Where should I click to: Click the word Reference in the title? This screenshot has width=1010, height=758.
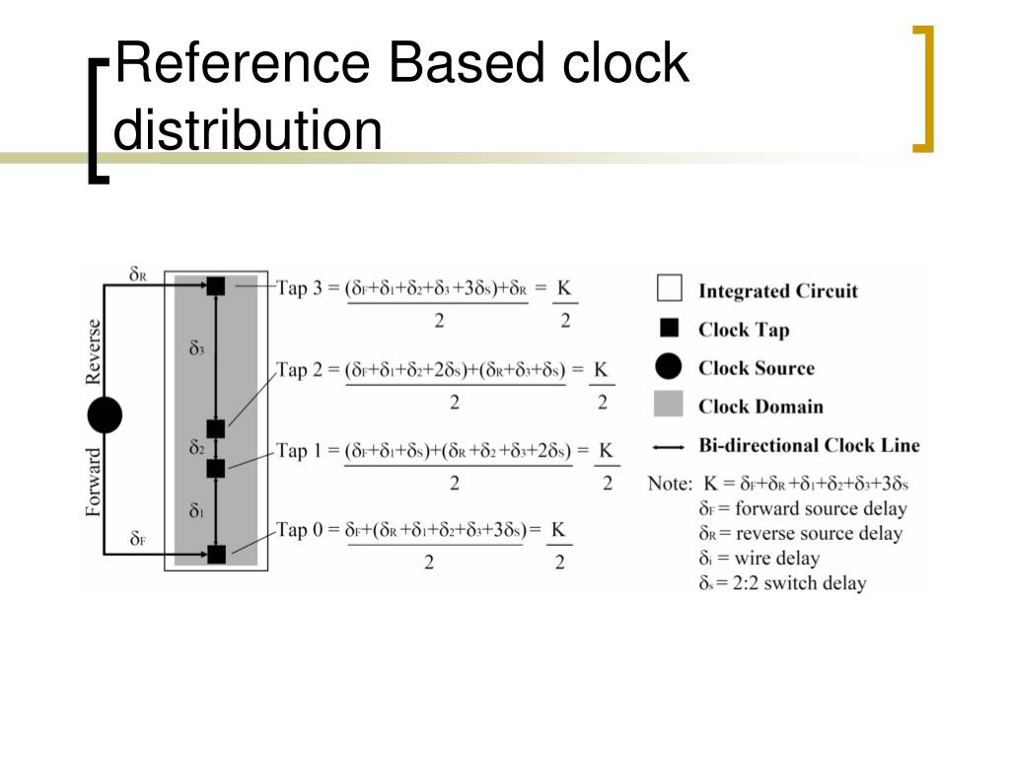(243, 64)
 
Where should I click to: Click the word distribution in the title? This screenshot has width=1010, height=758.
(248, 130)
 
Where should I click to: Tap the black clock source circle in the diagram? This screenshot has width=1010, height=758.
(105, 416)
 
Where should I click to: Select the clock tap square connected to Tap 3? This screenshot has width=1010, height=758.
(216, 286)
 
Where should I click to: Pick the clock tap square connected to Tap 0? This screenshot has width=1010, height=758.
(216, 554)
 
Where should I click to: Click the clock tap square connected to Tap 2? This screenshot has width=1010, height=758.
(216, 428)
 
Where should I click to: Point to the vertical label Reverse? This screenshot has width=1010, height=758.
(94, 351)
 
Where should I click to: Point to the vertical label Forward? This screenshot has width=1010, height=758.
(94, 483)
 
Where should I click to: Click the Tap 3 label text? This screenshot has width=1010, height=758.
(306, 289)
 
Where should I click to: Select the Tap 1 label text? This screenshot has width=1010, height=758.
(306, 451)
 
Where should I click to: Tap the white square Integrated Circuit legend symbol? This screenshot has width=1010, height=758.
(669, 289)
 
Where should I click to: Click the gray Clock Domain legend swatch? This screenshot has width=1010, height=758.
(669, 406)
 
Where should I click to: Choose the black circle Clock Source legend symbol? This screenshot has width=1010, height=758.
(669, 367)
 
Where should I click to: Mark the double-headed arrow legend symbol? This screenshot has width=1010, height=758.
(669, 446)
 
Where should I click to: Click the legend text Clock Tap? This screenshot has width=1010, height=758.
(744, 330)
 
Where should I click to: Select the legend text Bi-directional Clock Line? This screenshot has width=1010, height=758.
(809, 445)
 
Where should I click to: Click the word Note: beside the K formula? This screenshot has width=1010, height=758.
(670, 485)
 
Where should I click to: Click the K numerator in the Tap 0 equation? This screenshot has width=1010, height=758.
(558, 530)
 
